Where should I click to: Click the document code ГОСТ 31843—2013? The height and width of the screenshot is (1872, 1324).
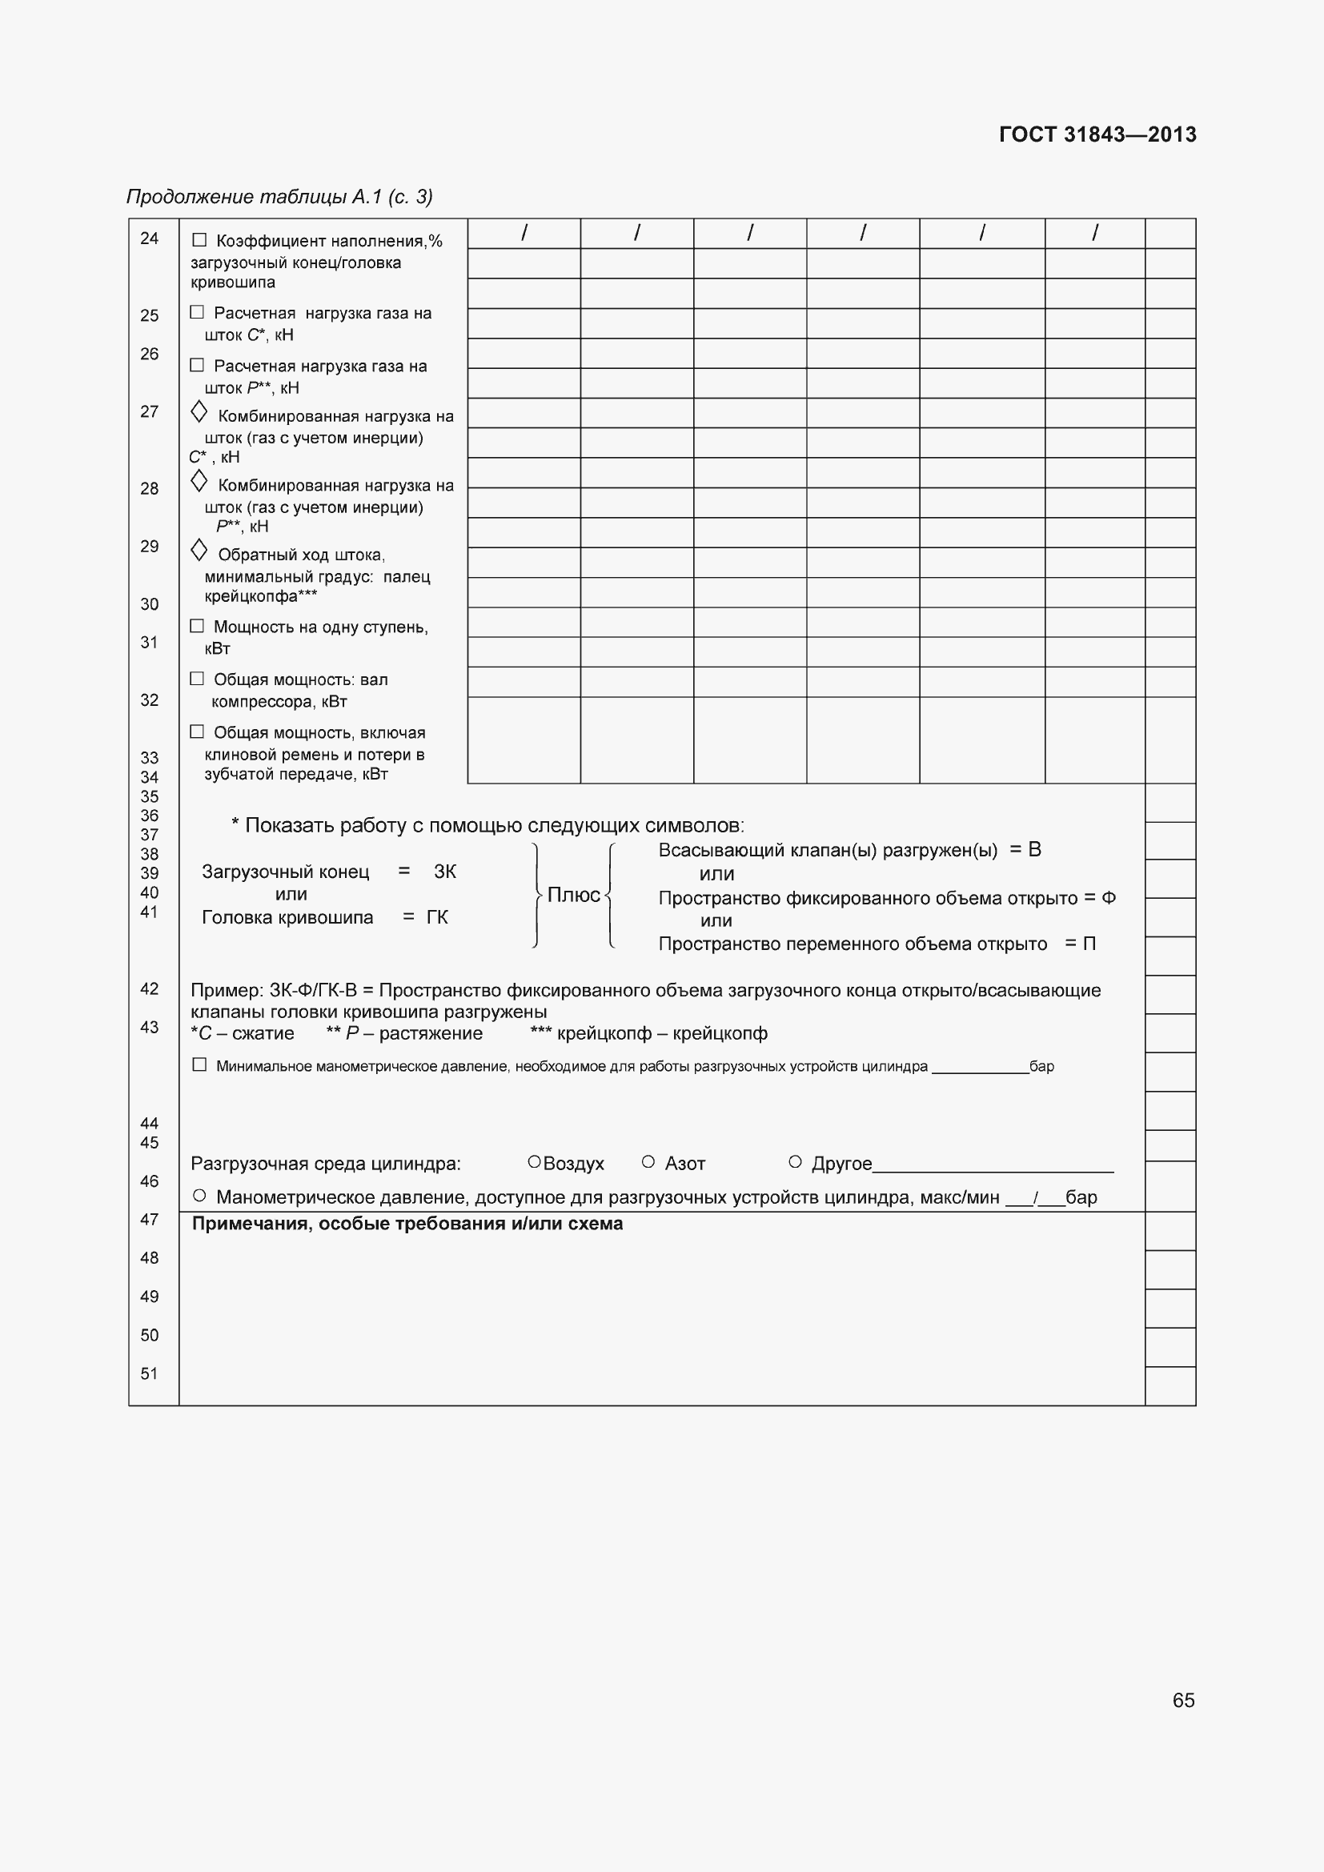click(1097, 134)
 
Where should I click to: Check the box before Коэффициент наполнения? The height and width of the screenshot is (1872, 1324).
click(199, 240)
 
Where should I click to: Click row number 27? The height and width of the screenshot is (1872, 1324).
click(149, 411)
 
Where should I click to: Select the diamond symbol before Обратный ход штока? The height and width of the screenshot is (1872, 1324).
click(198, 551)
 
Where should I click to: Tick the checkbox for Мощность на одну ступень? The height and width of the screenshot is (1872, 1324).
click(196, 625)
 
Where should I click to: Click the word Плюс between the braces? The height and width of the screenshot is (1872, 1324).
click(573, 896)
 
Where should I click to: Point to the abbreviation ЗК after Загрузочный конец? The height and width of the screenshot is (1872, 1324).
click(445, 872)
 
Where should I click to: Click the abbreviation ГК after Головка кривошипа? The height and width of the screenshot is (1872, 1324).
click(437, 917)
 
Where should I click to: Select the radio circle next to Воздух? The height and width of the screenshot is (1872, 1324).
click(534, 1162)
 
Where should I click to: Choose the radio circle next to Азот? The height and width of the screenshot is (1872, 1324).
click(648, 1162)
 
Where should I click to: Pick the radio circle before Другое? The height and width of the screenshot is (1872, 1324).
click(795, 1162)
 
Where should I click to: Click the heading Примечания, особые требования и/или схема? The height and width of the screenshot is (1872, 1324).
click(407, 1224)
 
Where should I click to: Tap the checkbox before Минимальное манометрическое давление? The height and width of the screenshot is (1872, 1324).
click(199, 1064)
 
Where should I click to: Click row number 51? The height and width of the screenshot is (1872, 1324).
click(149, 1374)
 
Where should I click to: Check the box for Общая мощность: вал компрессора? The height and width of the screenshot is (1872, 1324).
click(196, 679)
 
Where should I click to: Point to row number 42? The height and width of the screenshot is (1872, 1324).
click(149, 989)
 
